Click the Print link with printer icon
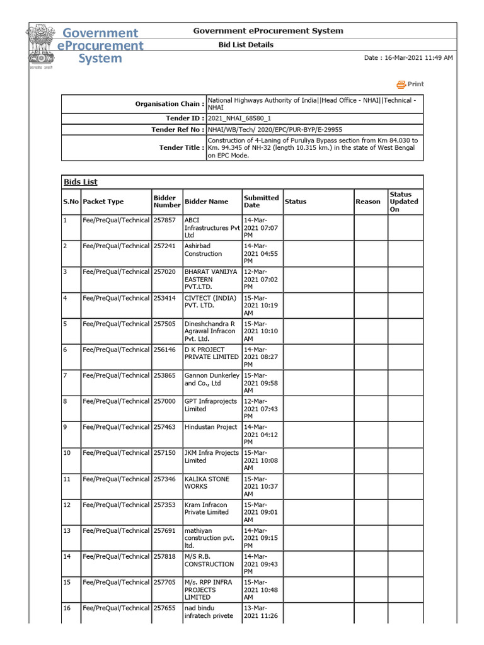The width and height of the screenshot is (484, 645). coord(410,84)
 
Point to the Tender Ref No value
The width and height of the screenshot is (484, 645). coord(275,129)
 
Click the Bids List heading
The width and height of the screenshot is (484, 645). coord(81,182)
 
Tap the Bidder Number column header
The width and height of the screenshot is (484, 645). coord(164,202)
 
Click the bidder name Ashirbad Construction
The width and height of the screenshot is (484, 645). coord(203,249)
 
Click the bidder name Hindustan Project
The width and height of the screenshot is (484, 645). coord(210,427)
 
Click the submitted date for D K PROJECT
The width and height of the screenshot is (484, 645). coord(260,357)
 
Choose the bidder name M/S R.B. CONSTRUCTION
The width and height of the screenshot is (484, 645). coord(209,561)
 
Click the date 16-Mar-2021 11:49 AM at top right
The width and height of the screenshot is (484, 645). coord(408,58)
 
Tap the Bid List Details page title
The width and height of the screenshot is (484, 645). coord(246,45)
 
